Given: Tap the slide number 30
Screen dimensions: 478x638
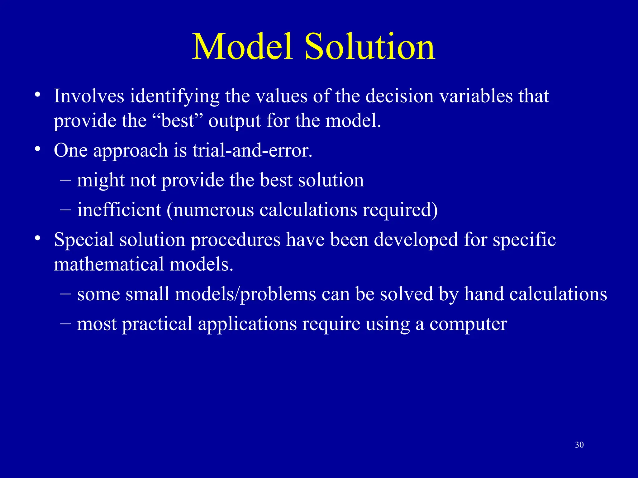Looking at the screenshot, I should [579, 445].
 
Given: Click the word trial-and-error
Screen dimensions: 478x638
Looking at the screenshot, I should [252, 150].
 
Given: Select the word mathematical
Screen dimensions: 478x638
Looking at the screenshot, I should [109, 264].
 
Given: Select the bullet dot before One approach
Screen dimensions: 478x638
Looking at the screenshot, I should [38, 149].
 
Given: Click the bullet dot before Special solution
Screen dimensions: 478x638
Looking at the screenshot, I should [38, 238].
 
